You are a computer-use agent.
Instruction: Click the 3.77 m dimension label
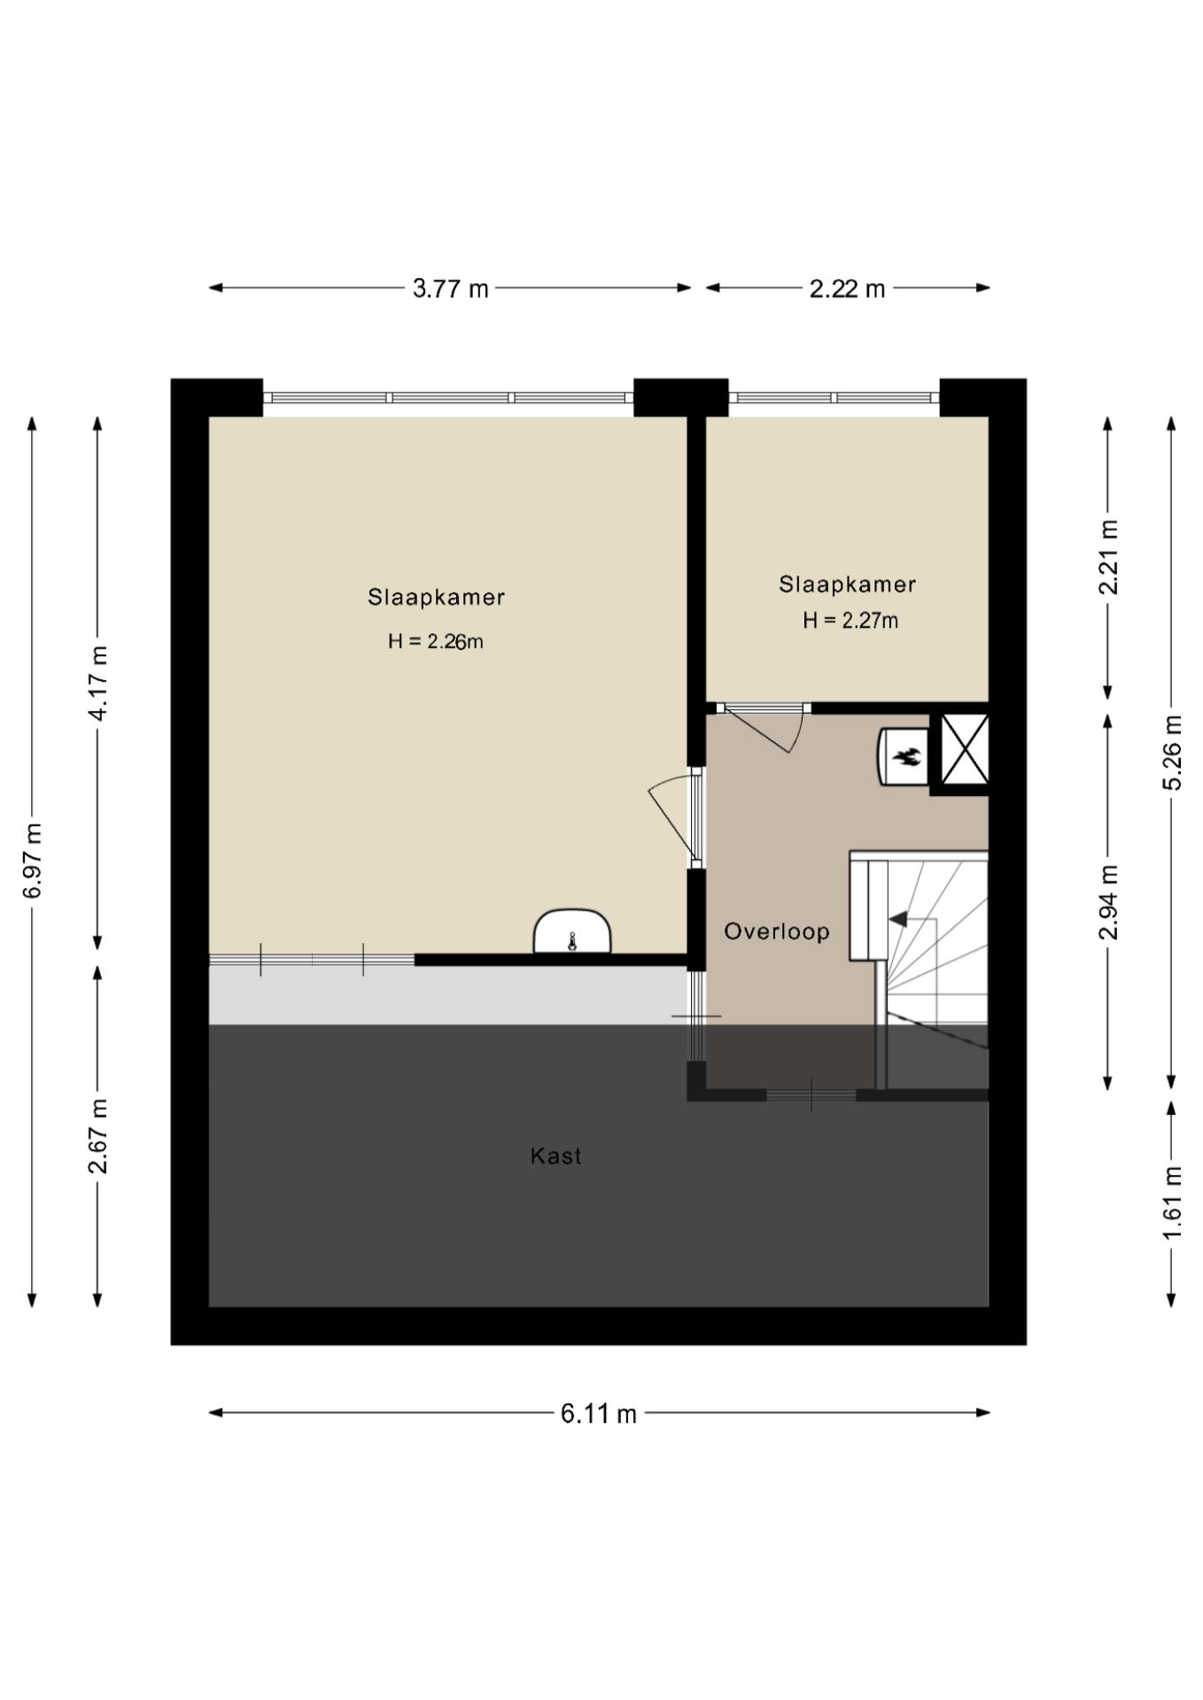[x=450, y=289]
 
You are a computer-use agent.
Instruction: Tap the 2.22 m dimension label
[x=847, y=289]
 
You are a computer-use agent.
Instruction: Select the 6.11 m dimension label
[x=599, y=1413]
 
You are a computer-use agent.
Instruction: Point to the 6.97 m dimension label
[x=33, y=861]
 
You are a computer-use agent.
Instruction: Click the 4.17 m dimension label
[x=98, y=683]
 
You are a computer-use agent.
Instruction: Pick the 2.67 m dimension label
[x=98, y=1136]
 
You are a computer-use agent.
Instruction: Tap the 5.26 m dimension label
[x=1172, y=752]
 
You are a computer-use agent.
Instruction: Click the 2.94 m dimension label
[x=1108, y=901]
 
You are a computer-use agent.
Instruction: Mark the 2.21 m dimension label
[x=1108, y=557]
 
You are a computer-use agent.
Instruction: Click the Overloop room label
[x=777, y=931]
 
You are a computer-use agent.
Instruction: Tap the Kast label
[x=556, y=1155]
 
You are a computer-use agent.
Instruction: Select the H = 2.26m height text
[x=436, y=641]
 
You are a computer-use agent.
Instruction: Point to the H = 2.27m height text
[x=850, y=621]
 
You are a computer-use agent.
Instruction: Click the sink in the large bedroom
[x=572, y=931]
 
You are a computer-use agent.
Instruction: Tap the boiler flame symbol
[x=907, y=756]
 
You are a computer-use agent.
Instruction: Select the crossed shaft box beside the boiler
[x=965, y=750]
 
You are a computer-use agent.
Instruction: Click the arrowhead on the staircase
[x=897, y=919]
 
